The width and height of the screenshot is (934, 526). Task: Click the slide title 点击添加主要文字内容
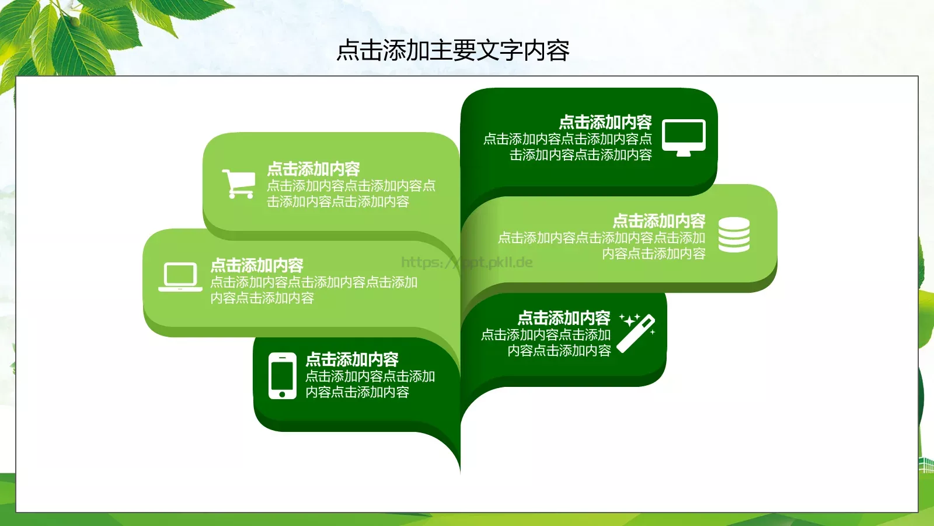[453, 51]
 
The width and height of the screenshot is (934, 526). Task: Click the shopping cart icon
[238, 184]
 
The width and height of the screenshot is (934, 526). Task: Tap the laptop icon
[180, 277]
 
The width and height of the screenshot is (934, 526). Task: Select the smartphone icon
[283, 376]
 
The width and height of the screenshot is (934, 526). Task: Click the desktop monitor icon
[684, 137]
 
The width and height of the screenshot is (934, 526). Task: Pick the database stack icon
[734, 235]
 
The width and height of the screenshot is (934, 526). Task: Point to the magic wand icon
[636, 334]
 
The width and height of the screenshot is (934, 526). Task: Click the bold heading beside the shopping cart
[313, 169]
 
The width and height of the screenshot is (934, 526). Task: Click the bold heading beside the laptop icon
[257, 265]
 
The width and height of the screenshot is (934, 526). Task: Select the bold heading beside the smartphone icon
[352, 359]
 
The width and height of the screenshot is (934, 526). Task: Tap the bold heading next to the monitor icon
[605, 122]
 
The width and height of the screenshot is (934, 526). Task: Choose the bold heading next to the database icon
[658, 221]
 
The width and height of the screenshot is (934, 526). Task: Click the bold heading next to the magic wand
[564, 318]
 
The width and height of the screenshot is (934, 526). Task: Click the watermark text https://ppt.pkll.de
[467, 262]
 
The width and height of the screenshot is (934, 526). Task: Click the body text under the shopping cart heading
[350, 194]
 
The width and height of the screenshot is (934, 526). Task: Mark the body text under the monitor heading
[567, 147]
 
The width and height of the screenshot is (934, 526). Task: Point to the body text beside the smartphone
[370, 385]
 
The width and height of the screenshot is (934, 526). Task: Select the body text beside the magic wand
[546, 343]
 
